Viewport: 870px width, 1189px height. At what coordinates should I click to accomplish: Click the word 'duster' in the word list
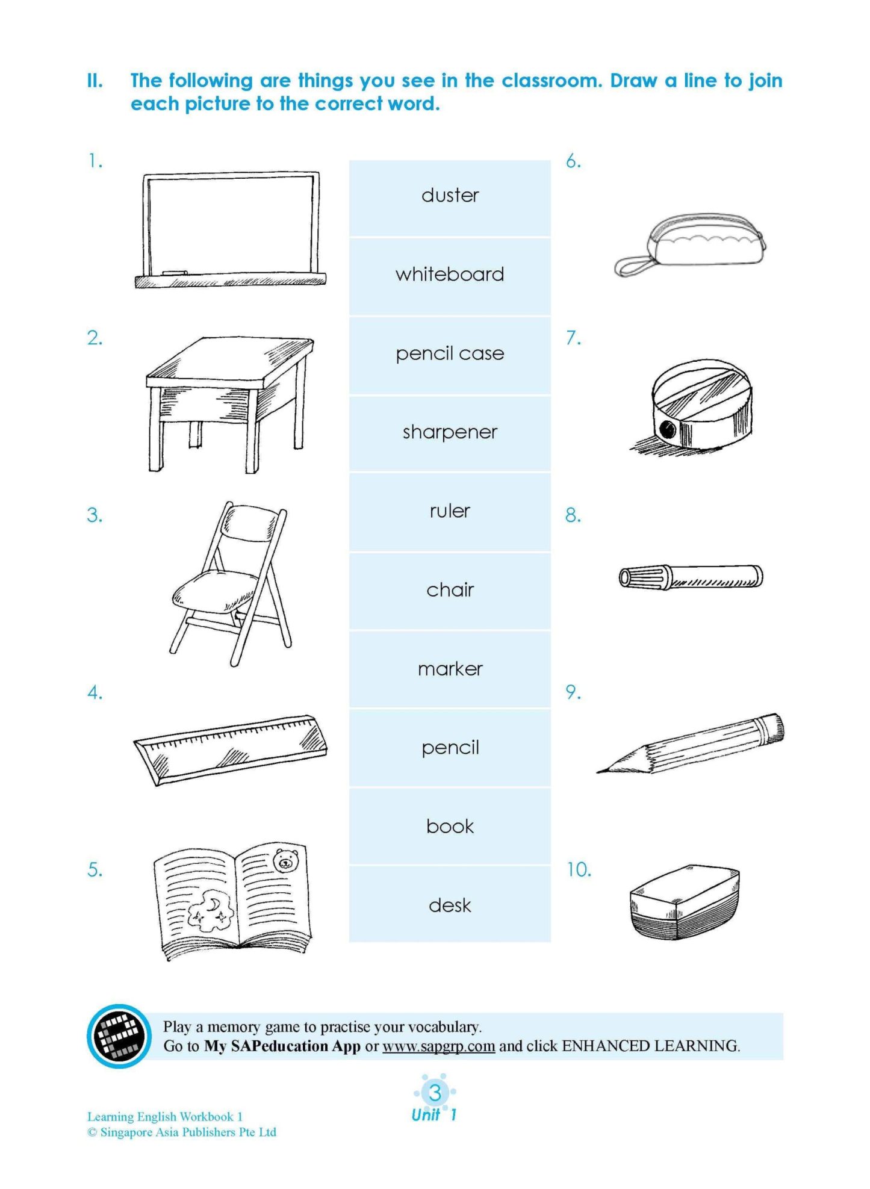[450, 195]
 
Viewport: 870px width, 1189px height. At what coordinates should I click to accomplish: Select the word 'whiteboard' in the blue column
[450, 275]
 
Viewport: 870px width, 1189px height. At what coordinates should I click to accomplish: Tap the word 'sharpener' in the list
[450, 432]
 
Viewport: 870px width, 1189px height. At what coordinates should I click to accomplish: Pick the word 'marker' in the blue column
[450, 669]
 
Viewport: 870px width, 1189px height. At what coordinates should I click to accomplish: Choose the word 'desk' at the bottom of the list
[450, 905]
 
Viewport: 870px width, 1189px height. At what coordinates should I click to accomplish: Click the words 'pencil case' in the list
[450, 353]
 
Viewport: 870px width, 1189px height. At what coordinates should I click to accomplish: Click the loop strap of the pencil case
[632, 266]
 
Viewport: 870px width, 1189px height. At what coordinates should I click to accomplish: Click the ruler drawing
[230, 750]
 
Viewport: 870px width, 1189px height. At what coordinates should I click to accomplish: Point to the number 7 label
[573, 338]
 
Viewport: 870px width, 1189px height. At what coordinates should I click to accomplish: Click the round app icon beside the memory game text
[119, 1036]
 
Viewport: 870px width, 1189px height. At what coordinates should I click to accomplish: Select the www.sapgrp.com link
[438, 1046]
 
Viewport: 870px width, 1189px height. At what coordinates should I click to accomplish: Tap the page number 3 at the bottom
[435, 1092]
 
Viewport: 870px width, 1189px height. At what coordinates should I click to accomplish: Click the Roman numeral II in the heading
[95, 81]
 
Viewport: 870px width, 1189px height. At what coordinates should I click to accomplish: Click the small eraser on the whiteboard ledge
[175, 273]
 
